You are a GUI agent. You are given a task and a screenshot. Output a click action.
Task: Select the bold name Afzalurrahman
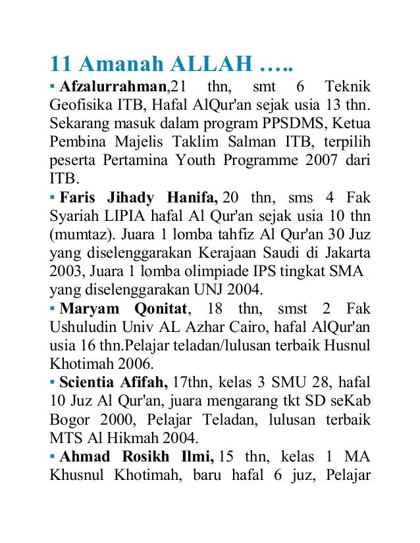[111, 87]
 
